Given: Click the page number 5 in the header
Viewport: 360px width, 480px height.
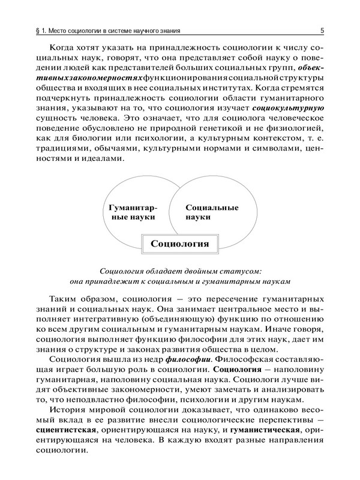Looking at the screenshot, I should click(x=322, y=30).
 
